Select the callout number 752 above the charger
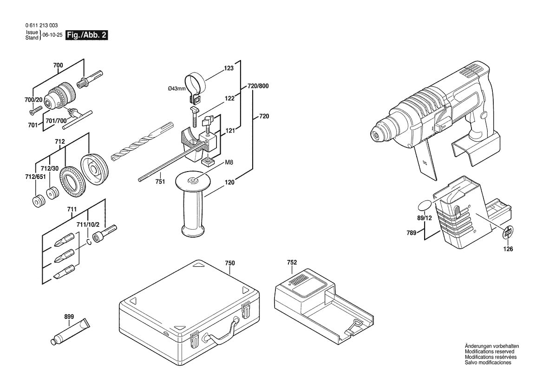click(x=292, y=263)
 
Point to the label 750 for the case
click(x=230, y=263)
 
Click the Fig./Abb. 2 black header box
click(x=87, y=35)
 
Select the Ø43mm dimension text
click(x=177, y=89)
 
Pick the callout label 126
click(x=508, y=249)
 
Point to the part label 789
click(x=411, y=233)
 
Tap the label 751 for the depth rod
click(x=160, y=182)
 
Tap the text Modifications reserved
click(x=489, y=352)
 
